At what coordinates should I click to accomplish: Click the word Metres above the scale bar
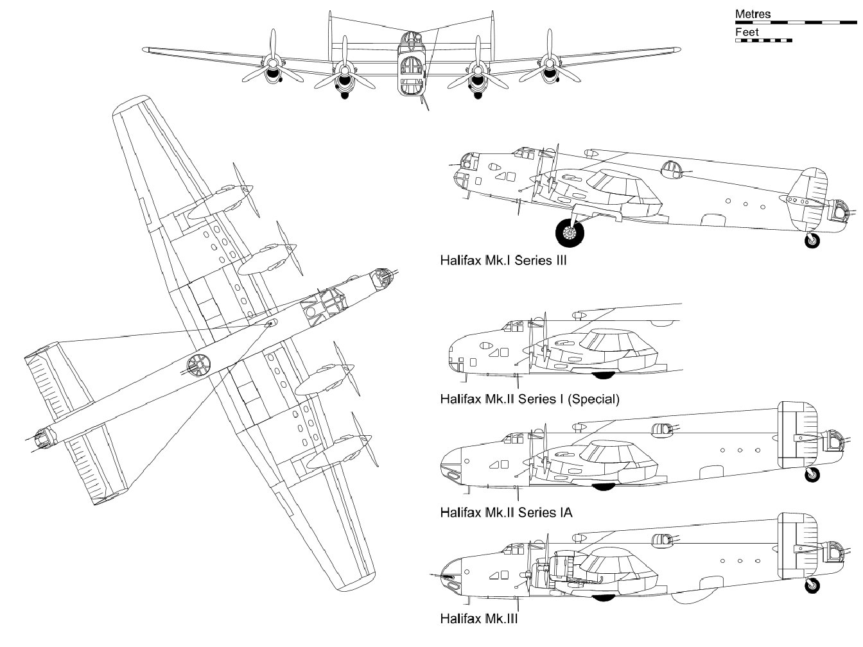point(753,13)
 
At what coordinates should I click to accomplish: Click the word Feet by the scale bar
point(747,32)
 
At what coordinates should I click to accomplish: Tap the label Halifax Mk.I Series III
point(503,261)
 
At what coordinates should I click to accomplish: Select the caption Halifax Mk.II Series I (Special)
point(530,399)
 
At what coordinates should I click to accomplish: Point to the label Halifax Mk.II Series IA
point(506,512)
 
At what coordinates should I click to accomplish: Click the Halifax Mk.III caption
point(478,619)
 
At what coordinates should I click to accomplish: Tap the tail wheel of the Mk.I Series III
point(812,241)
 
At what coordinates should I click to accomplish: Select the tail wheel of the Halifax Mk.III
point(813,585)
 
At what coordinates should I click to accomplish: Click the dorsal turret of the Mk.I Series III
point(671,168)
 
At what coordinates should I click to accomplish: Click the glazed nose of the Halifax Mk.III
point(451,575)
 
